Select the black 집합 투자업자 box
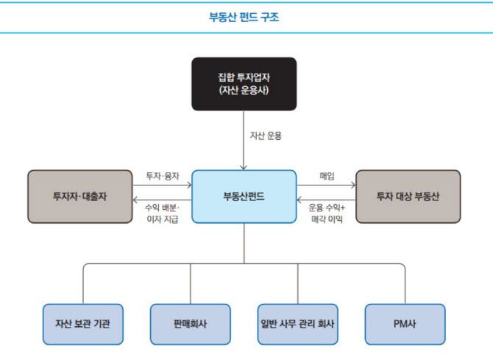tap(244, 84)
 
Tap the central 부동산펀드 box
tap(244, 197)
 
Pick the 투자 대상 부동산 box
tap(408, 197)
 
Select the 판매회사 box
tap(190, 324)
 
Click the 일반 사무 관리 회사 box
tap(298, 324)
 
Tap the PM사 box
tap(405, 324)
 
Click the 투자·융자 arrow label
tap(163, 177)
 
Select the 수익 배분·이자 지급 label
tap(163, 213)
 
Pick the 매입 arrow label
tap(327, 177)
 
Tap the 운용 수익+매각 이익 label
tap(327, 213)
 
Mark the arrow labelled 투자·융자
tap(162, 186)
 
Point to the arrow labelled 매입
tap(326, 186)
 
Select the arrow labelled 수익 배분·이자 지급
tap(162, 200)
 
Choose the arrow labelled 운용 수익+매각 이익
tap(326, 200)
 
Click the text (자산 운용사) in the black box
tap(244, 91)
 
